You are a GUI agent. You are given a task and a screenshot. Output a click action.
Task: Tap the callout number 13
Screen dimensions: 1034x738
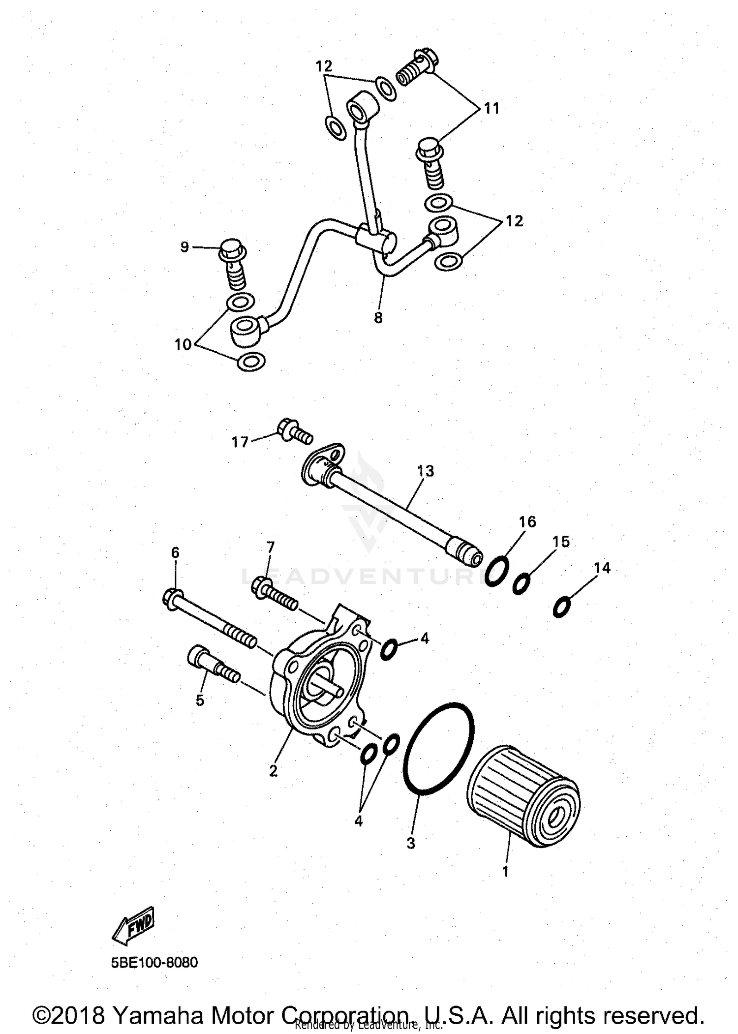(x=425, y=471)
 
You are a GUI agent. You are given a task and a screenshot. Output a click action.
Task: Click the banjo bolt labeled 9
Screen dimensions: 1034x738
(x=233, y=266)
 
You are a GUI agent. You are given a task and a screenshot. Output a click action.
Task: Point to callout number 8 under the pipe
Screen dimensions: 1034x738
(x=378, y=318)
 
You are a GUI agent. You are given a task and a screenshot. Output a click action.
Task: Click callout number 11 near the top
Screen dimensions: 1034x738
(x=491, y=108)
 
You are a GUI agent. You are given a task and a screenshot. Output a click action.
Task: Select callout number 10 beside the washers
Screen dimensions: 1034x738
(x=183, y=345)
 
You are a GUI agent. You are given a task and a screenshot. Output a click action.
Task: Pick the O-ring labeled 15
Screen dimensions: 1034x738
(x=522, y=584)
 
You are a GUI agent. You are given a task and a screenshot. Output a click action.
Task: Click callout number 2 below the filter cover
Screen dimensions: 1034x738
(x=273, y=771)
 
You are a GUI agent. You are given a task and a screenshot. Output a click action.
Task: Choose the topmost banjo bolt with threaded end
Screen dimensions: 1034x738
(x=417, y=68)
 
